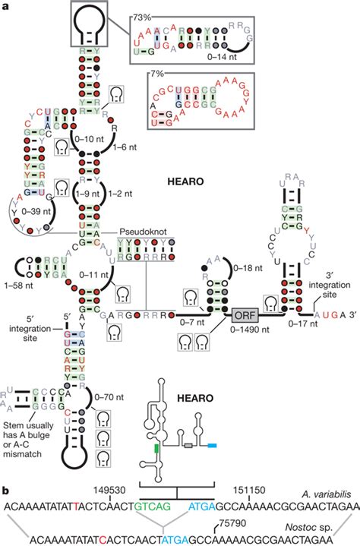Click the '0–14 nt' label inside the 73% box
click(223, 55)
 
